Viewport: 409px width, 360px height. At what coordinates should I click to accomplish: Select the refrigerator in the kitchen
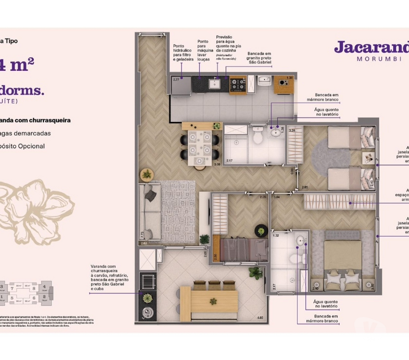(x=181, y=86)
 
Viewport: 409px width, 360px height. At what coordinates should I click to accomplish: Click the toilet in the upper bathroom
(x=257, y=137)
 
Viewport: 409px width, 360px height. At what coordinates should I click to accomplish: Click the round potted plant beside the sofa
(x=147, y=174)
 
